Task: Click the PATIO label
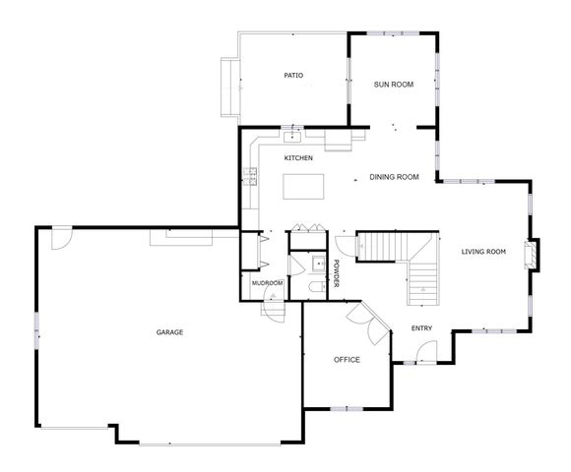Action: [x=293, y=75]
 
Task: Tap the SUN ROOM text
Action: [x=393, y=85]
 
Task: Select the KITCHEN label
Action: [x=299, y=158]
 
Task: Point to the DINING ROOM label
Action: [x=394, y=178]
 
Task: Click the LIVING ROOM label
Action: [x=483, y=252]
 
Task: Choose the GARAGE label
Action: [x=169, y=332]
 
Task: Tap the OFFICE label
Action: [x=347, y=360]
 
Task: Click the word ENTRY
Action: [x=421, y=328]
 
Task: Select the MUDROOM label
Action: [x=267, y=283]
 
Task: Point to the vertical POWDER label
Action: [x=336, y=273]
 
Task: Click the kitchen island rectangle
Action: [x=305, y=186]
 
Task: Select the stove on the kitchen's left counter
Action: [x=250, y=176]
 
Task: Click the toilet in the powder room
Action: [x=313, y=286]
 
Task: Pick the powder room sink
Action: [x=318, y=264]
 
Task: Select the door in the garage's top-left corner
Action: [x=61, y=236]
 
